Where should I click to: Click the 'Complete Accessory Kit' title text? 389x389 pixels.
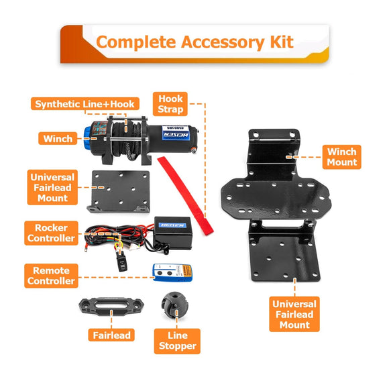pos(194,42)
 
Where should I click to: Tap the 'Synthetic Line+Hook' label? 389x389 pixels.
pos(85,104)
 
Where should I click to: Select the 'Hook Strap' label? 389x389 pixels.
pos(170,104)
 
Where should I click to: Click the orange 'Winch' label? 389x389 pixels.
pos(58,138)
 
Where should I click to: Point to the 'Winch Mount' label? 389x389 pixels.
pos(341,157)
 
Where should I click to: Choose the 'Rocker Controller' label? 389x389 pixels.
pos(51,233)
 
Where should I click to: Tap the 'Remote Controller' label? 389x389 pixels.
pos(51,276)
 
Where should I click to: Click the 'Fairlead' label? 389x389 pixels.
pos(111,335)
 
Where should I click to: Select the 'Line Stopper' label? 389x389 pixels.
pos(177,341)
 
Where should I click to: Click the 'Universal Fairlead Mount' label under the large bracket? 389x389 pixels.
pos(294,314)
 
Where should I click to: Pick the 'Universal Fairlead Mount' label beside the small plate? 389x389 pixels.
pos(52,187)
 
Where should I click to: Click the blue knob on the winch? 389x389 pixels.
pos(87,138)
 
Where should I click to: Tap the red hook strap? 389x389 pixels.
pos(185,195)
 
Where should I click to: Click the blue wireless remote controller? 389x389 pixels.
pos(172,272)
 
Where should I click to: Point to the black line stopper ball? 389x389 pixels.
pos(174,305)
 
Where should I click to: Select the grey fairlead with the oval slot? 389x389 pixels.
pos(111,306)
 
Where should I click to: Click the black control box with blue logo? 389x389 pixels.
pos(173,233)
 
